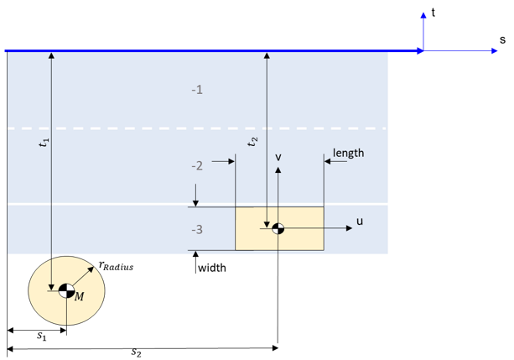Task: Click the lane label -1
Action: (x=197, y=89)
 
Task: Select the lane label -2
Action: (x=197, y=166)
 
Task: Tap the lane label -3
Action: (x=197, y=230)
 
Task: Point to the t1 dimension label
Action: (x=44, y=143)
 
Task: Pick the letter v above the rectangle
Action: (x=278, y=156)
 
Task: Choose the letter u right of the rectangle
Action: (x=360, y=222)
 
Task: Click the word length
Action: (x=349, y=154)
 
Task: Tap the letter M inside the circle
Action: (x=79, y=296)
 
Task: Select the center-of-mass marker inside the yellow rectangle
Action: (x=278, y=228)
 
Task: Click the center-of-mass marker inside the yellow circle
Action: (x=65, y=291)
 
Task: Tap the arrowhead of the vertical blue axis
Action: (x=423, y=15)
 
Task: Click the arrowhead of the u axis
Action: (x=346, y=228)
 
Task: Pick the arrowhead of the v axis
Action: (x=278, y=170)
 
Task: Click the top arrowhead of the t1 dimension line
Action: (x=51, y=55)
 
